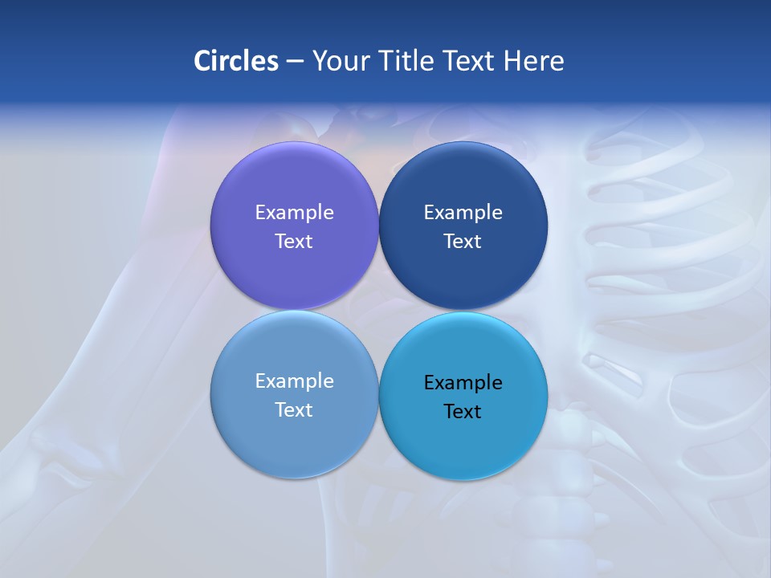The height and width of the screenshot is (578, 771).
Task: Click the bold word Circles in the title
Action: [236, 61]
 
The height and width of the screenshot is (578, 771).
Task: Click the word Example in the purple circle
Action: [294, 212]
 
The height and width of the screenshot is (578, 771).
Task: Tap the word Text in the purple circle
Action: [294, 241]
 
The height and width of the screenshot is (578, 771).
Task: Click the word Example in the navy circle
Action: [463, 212]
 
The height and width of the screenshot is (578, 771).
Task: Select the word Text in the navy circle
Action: [463, 241]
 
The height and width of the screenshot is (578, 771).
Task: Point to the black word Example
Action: [463, 382]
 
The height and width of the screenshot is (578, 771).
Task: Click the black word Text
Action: [463, 411]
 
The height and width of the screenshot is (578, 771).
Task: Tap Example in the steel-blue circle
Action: [294, 381]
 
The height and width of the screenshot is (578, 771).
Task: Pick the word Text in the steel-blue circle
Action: [294, 409]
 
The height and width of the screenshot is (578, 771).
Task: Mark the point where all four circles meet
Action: [378, 310]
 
